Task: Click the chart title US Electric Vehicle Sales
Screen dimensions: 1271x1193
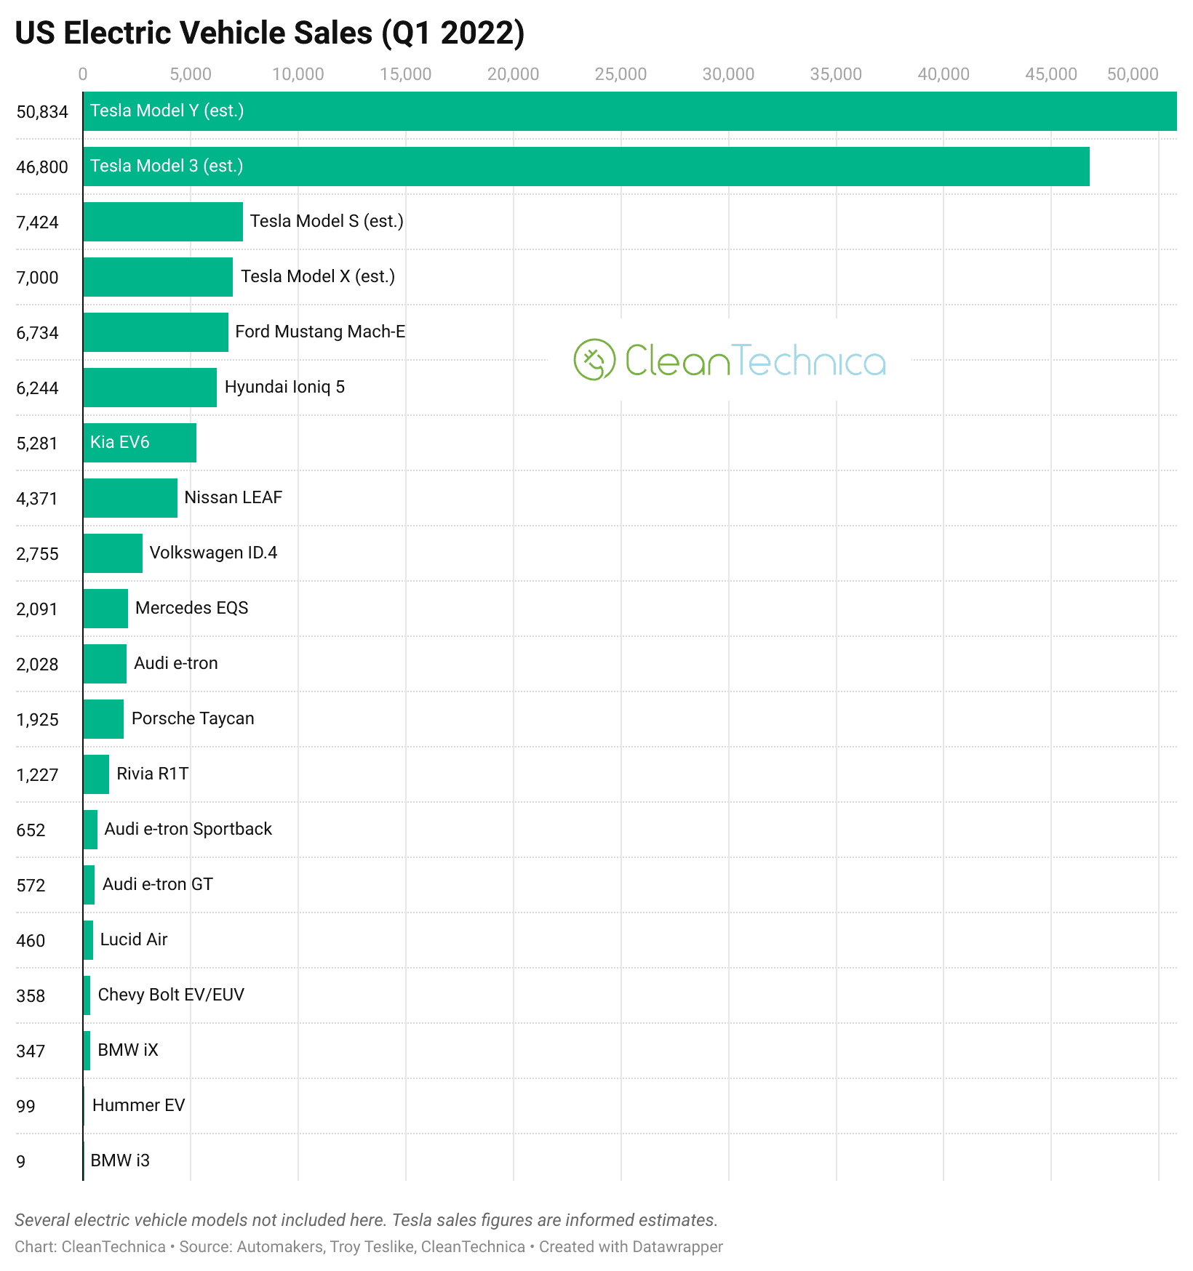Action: [x=269, y=33]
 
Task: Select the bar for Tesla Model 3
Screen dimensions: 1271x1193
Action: [x=586, y=167]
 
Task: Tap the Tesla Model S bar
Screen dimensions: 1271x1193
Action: [x=163, y=222]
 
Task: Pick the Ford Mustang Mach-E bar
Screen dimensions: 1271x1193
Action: [x=156, y=332]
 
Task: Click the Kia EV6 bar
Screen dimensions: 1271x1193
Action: [x=140, y=443]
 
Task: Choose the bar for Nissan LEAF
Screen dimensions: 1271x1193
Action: [x=130, y=498]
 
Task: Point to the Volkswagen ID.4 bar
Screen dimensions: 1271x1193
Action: [x=113, y=553]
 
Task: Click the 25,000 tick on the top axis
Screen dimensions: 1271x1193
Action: [x=621, y=74]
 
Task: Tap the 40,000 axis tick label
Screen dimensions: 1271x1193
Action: [x=943, y=74]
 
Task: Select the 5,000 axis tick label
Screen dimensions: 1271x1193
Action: [x=191, y=74]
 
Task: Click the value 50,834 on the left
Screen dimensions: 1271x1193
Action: [x=42, y=112]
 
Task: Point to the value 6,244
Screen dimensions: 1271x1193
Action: [x=37, y=388]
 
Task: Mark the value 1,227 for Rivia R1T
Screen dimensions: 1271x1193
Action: [x=37, y=775]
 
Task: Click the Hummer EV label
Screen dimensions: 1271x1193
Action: [x=138, y=1105]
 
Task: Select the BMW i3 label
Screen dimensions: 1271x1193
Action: [x=120, y=1160]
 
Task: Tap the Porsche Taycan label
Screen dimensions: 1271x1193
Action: [x=193, y=718]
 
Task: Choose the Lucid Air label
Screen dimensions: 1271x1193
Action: [x=134, y=939]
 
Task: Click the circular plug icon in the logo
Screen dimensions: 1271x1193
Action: [x=594, y=359]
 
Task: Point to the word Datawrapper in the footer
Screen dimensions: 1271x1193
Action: [x=677, y=1247]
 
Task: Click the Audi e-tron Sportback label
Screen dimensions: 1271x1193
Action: [x=188, y=829]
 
